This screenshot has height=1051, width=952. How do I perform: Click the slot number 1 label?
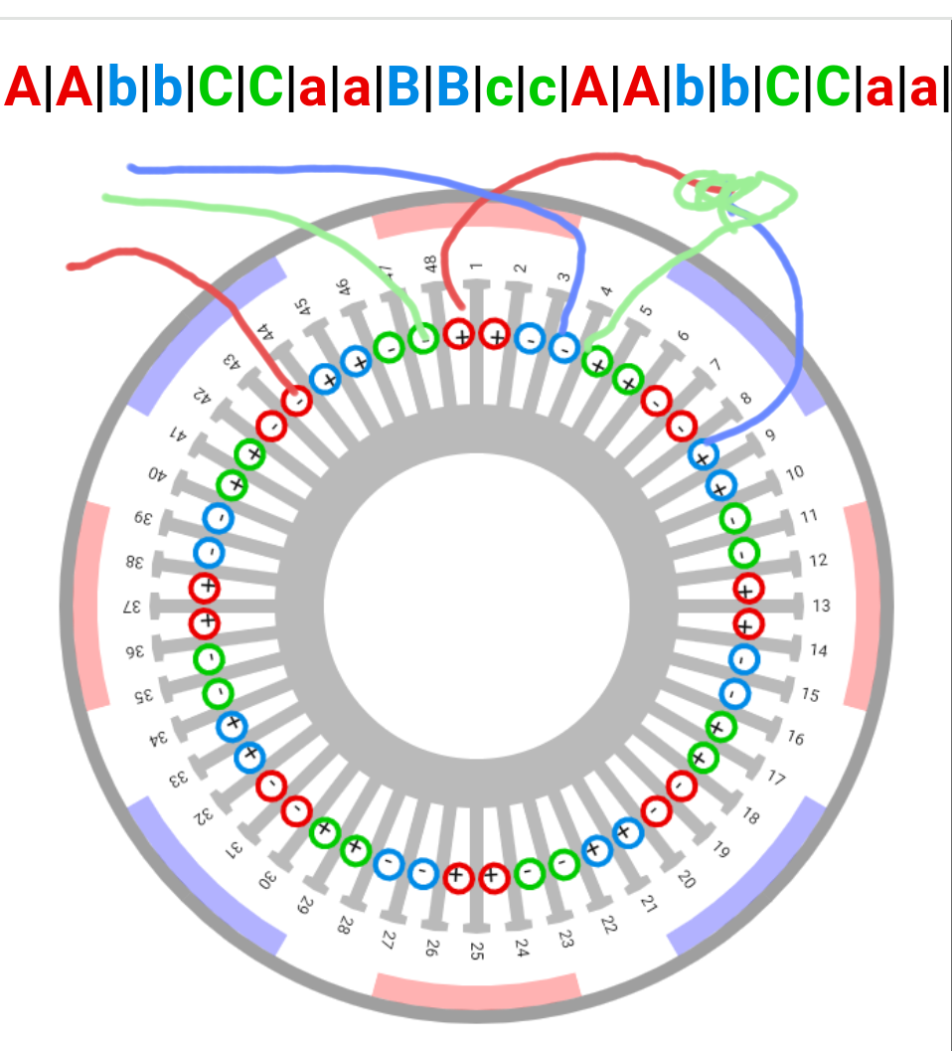pos(476,265)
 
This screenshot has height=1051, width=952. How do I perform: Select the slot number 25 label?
pos(477,950)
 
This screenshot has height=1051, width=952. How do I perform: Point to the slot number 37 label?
pos(131,607)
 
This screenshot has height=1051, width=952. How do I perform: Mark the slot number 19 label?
pos(721,849)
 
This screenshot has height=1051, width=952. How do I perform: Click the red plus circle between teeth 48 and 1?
pos(459,334)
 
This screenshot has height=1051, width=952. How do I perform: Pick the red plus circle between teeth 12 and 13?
pos(747,589)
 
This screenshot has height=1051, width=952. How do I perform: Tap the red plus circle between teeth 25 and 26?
pos(456,876)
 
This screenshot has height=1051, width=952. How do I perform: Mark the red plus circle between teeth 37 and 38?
pos(206,588)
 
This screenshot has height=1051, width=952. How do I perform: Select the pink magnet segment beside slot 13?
pos(861,606)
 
